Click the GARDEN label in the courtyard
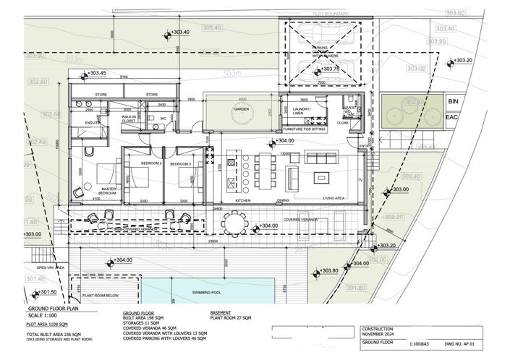tap(240, 110)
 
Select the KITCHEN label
tap(242, 200)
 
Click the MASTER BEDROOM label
tap(109, 192)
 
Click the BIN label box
tap(452, 102)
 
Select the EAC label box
tap(452, 116)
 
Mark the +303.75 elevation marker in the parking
tap(328, 69)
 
